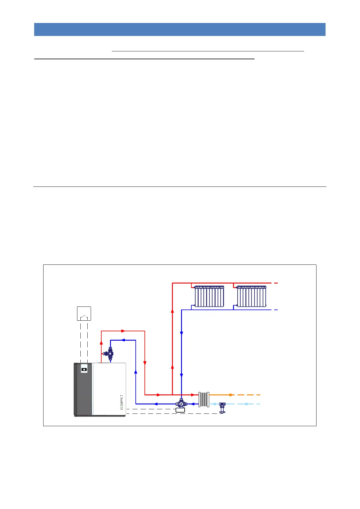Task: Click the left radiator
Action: [x=209, y=296]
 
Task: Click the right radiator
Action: [x=251, y=296]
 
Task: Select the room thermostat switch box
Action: [x=84, y=313]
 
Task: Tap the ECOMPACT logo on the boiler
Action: [x=122, y=402]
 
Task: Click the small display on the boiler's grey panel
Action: [x=84, y=369]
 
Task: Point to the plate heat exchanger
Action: [x=204, y=399]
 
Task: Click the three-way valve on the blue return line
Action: [x=181, y=404]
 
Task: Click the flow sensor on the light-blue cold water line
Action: [x=222, y=407]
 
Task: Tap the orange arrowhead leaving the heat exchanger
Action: [x=231, y=395]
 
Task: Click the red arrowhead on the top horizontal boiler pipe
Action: [x=123, y=331]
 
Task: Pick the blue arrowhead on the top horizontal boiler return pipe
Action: [x=123, y=340]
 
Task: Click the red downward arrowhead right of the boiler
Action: [x=145, y=363]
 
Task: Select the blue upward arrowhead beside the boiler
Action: [x=136, y=372]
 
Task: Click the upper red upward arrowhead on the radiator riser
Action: [x=172, y=310]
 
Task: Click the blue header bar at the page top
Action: [x=180, y=29]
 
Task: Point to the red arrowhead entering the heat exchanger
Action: [x=193, y=395]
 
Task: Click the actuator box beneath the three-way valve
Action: [x=181, y=410]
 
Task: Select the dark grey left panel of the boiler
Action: [x=83, y=390]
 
